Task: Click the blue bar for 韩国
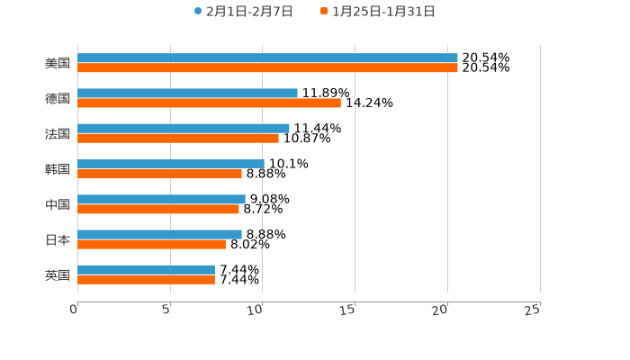click(x=171, y=164)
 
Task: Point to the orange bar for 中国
click(x=158, y=209)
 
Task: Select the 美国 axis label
click(x=58, y=64)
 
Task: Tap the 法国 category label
click(x=58, y=134)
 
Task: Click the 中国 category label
click(x=58, y=204)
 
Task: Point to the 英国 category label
click(x=58, y=274)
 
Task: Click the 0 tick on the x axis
click(x=75, y=310)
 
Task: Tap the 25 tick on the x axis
click(x=532, y=310)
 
